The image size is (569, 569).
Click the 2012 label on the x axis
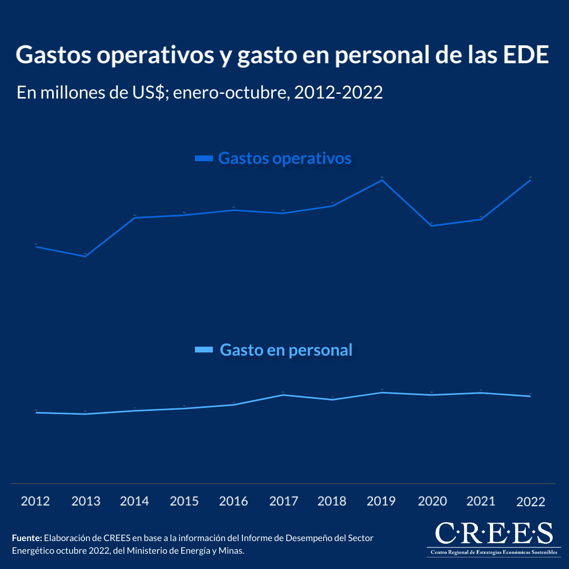click(35, 501)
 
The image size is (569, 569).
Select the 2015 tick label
click(184, 501)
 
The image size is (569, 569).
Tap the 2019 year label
click(381, 501)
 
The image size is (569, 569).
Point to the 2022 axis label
click(531, 502)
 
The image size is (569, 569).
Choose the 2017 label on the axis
click(283, 501)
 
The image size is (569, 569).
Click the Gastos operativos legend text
click(284, 158)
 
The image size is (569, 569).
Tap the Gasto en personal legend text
click(286, 350)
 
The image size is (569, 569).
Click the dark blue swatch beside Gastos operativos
click(203, 158)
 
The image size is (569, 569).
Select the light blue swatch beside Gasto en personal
click(203, 350)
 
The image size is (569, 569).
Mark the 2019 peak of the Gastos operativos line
click(381, 180)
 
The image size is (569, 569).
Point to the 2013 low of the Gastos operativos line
click(85, 256)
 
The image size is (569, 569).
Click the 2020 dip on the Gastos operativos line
click(431, 225)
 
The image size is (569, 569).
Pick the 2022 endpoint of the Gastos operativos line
click(530, 180)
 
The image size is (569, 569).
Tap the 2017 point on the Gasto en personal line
click(283, 395)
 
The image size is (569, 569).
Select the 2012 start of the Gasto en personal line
click(36, 413)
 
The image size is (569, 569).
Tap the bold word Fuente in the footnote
click(27, 538)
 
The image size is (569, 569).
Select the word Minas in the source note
click(232, 551)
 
